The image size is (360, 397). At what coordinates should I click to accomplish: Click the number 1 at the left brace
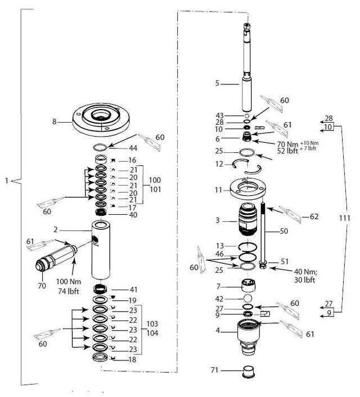click(6, 181)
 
